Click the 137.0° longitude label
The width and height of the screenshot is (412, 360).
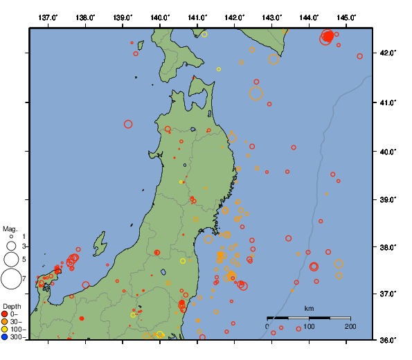click(48, 17)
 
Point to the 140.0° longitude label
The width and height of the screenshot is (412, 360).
click(160, 17)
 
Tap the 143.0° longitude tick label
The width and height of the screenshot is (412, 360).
click(272, 17)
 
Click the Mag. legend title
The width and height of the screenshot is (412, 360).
click(10, 228)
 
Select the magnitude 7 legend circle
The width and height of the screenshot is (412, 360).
click(10, 280)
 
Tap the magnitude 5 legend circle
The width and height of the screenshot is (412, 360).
click(10, 260)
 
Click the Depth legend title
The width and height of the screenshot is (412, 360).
click(11, 306)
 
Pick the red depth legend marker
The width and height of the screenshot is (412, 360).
click(5, 314)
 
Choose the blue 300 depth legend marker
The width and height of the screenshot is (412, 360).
click(5, 337)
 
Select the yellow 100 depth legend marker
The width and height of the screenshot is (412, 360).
click(5, 330)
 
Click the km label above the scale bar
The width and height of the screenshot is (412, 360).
click(309, 308)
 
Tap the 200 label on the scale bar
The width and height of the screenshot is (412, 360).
click(350, 326)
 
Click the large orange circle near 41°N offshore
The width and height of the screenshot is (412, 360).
click(256, 93)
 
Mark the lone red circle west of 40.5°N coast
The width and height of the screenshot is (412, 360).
click(128, 124)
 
